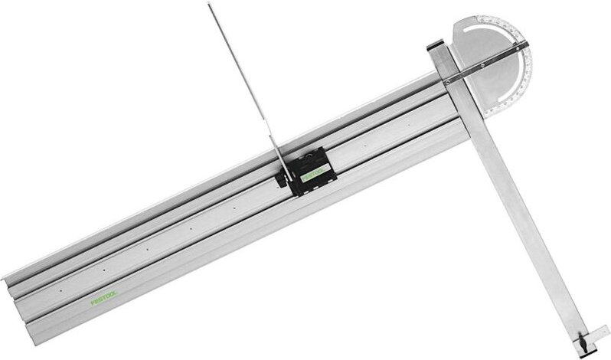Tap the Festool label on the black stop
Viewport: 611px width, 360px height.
point(314,174)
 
